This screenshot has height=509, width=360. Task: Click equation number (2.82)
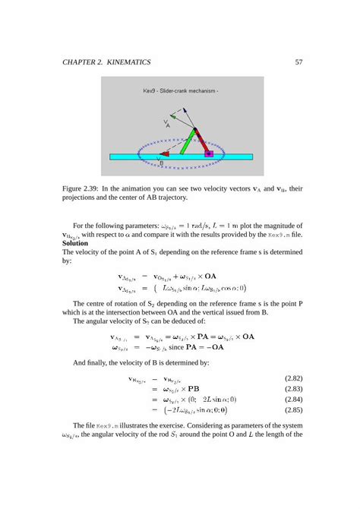pyautogui.click(x=292, y=378)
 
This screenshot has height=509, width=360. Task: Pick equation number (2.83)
pyautogui.click(x=292, y=388)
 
